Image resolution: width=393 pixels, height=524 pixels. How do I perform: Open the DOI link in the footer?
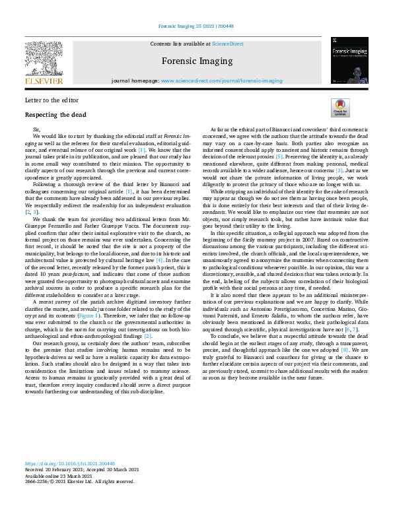[x=70, y=464]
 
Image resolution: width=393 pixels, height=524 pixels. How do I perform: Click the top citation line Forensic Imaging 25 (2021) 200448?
[x=196, y=27]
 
